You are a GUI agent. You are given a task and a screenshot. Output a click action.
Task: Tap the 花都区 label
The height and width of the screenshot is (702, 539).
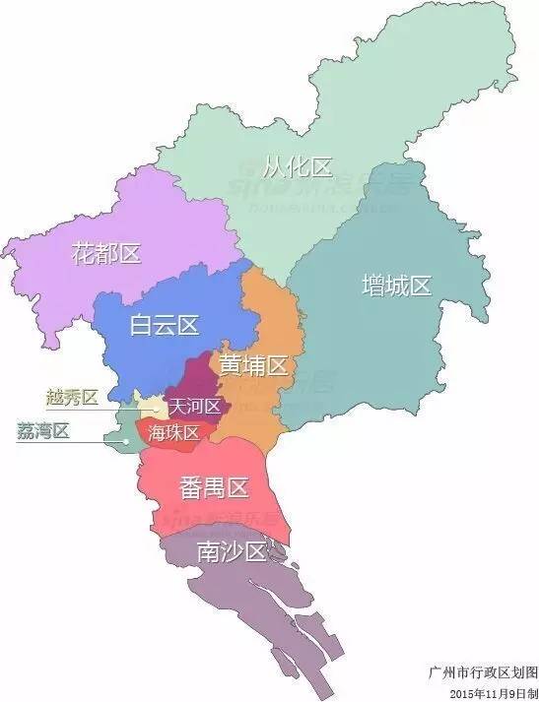point(106,253)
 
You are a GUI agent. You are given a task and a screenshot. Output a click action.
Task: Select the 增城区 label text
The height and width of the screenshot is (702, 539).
point(396,287)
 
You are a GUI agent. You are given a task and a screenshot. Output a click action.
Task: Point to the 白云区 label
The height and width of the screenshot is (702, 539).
point(165,325)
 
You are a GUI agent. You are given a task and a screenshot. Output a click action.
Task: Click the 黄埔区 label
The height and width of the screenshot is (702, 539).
point(252,365)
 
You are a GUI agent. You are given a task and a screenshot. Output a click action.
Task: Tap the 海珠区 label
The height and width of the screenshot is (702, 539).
point(174,433)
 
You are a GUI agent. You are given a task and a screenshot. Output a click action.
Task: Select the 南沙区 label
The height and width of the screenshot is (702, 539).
point(232,552)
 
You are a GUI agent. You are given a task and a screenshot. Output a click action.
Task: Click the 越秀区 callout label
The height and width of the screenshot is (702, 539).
point(72,398)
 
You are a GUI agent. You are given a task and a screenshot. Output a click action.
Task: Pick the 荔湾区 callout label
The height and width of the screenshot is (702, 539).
point(42,431)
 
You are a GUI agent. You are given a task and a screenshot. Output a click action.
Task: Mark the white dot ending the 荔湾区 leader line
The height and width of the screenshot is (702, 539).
point(125,441)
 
